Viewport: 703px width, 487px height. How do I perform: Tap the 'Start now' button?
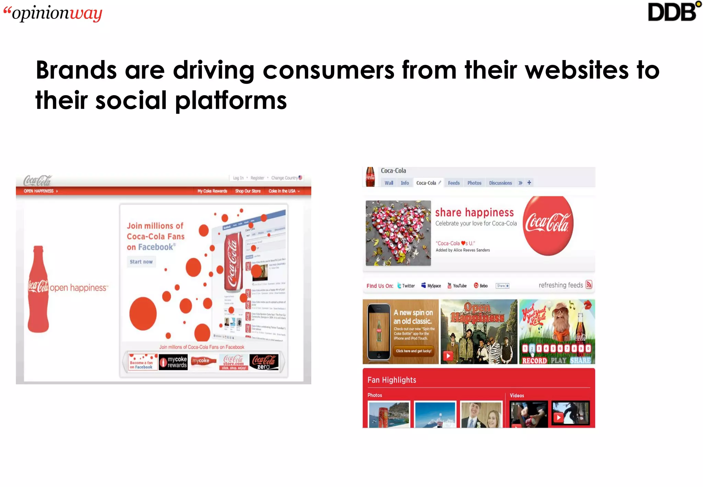pos(141,262)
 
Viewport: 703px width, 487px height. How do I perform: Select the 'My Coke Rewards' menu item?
pos(212,191)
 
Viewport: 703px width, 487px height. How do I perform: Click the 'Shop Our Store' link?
pos(247,191)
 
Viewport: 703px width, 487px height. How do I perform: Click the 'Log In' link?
pos(238,178)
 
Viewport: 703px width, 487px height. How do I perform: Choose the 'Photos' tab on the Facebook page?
pos(474,183)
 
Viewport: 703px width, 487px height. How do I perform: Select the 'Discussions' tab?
pos(500,183)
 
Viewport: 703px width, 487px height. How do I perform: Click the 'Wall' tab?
pos(389,183)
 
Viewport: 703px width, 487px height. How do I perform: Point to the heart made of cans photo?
pos(398,233)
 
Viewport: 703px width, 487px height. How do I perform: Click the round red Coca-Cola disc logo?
pos(548,225)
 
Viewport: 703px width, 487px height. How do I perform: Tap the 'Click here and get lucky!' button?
pos(414,351)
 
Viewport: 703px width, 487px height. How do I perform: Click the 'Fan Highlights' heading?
pos(392,380)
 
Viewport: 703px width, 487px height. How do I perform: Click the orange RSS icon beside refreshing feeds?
pos(589,285)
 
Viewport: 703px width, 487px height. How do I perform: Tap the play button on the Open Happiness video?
pos(448,356)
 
